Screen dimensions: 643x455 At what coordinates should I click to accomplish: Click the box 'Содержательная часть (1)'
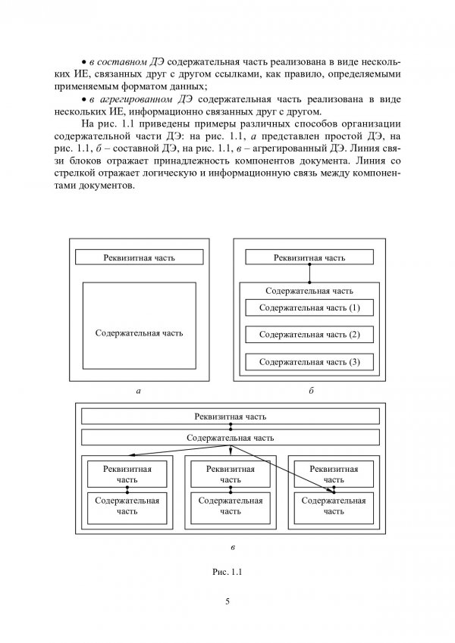[x=309, y=308]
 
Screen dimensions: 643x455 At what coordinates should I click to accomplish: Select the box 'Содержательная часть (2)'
[x=309, y=335]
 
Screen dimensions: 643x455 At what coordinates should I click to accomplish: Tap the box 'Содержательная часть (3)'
[x=309, y=362]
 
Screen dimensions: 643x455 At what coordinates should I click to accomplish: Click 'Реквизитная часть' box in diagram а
[x=139, y=257]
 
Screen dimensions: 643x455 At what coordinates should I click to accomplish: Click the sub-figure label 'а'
[x=138, y=392]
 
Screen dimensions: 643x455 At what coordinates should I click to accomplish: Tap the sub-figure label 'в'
[x=231, y=545]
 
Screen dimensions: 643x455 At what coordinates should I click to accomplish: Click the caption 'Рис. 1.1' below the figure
[x=227, y=573]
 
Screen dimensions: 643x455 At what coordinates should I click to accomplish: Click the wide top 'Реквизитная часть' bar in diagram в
[x=231, y=417]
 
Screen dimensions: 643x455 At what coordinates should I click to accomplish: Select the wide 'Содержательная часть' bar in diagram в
[x=231, y=438]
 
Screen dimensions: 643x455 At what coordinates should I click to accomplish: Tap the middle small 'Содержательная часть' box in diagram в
[x=231, y=506]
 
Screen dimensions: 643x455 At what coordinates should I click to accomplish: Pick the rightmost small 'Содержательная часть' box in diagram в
[x=334, y=506]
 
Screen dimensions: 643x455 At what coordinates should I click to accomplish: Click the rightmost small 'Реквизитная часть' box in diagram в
[x=334, y=474]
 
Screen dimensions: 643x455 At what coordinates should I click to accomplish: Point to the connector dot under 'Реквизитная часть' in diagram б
[x=309, y=266]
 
